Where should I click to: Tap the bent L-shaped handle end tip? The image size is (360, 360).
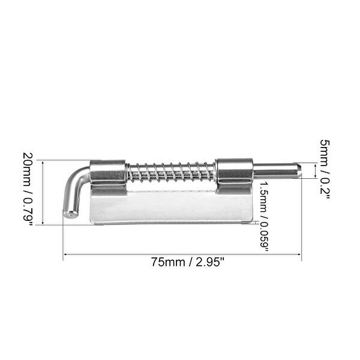70,212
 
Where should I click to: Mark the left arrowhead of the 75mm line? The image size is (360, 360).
65,255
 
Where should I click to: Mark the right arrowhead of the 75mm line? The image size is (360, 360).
299,255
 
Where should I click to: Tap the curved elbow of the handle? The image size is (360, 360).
79,175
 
